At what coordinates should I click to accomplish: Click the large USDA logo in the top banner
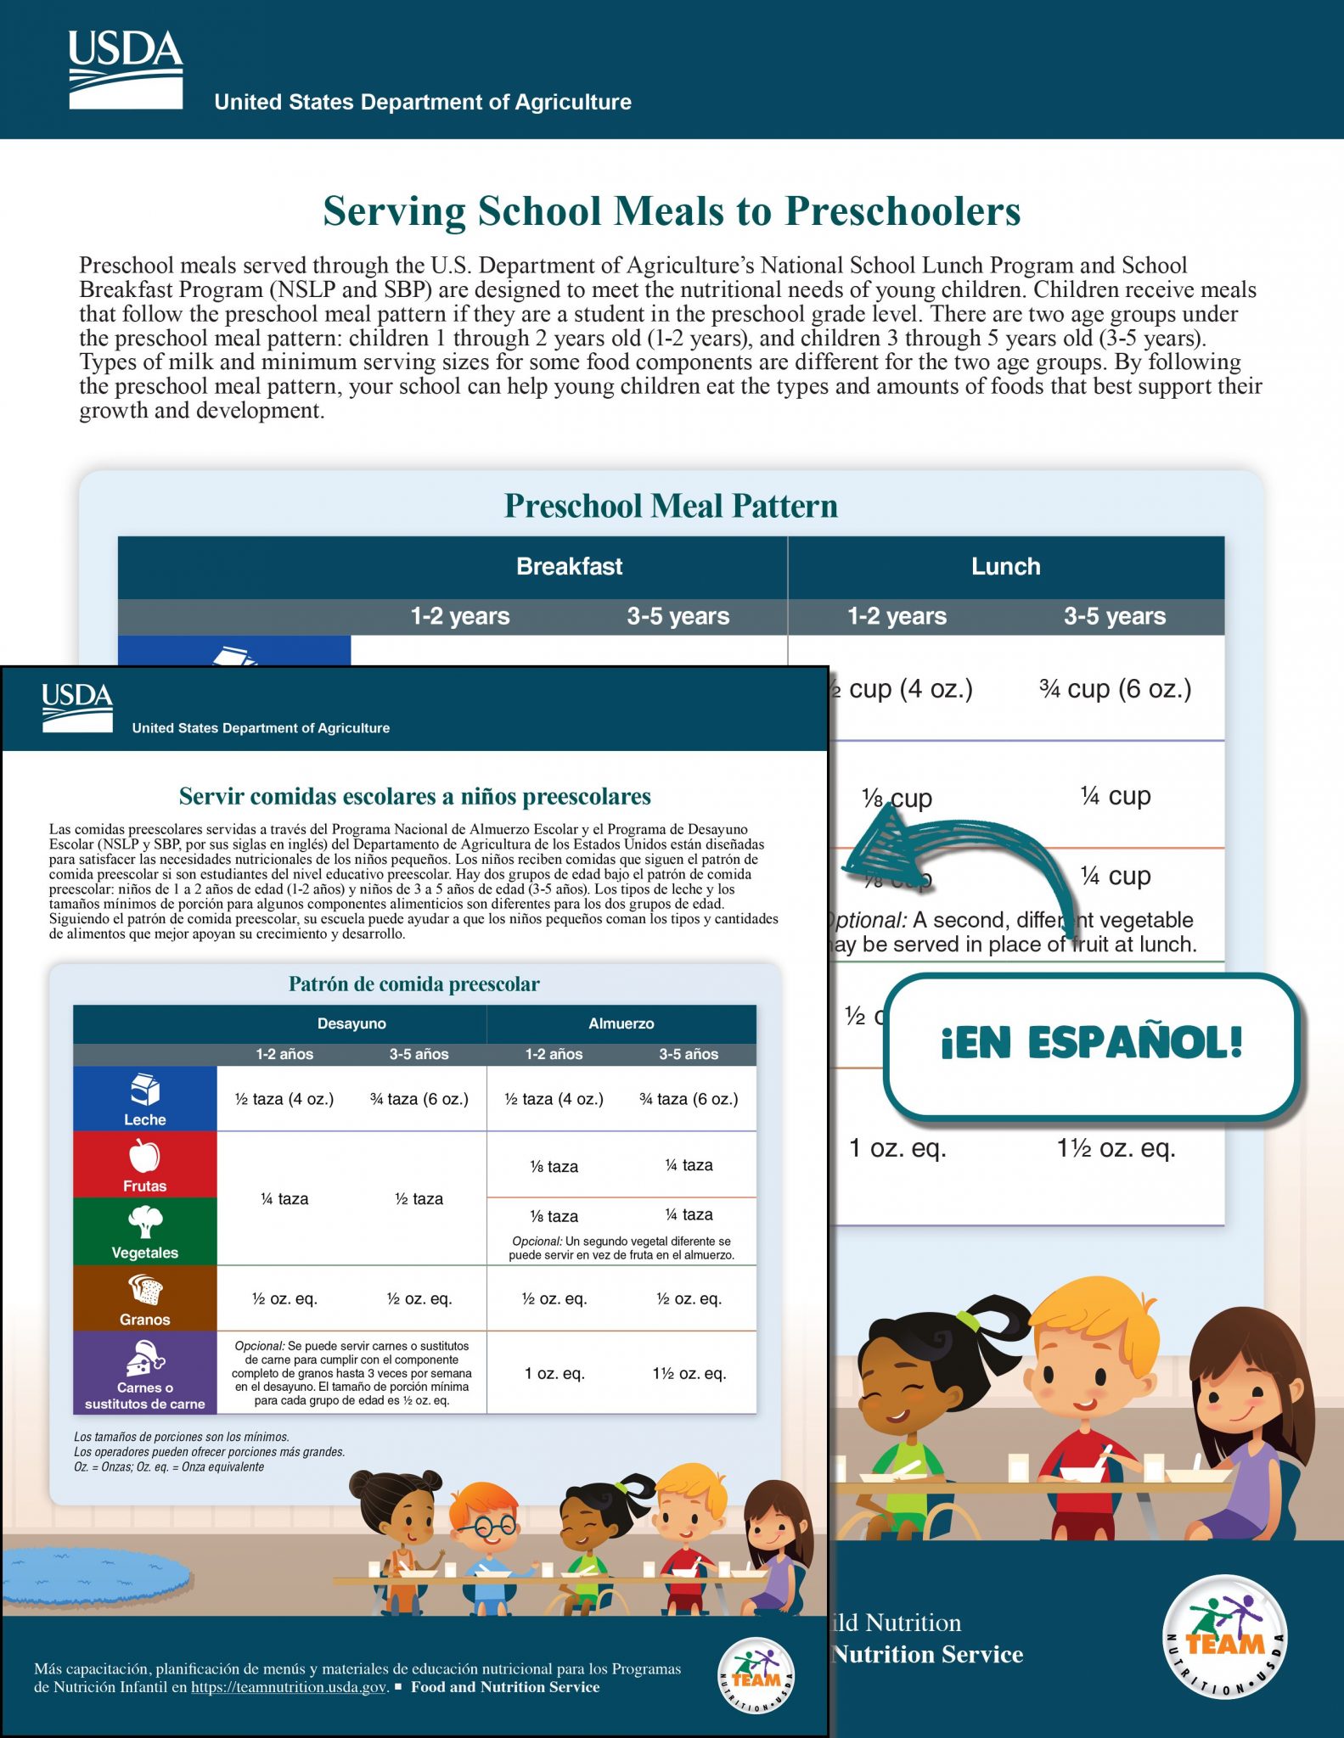(x=126, y=70)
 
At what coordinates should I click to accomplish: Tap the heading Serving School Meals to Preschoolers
(x=671, y=211)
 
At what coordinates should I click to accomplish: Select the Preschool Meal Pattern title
(x=671, y=506)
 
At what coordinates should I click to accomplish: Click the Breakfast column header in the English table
(x=569, y=566)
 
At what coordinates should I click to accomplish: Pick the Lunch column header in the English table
(x=1005, y=566)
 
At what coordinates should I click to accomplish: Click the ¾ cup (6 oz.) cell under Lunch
(x=1115, y=688)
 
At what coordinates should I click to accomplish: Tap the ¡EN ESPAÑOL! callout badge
(x=1091, y=1043)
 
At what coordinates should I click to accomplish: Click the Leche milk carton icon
(x=145, y=1090)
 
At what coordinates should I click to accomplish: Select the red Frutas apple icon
(x=144, y=1156)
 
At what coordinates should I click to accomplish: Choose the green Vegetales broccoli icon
(x=145, y=1223)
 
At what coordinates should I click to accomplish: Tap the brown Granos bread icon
(x=145, y=1290)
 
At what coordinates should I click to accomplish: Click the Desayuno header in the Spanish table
(x=351, y=1023)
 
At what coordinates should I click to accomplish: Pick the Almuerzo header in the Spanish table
(x=621, y=1023)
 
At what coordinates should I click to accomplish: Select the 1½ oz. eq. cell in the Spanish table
(x=689, y=1373)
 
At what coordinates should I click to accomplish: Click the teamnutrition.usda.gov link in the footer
(x=289, y=1687)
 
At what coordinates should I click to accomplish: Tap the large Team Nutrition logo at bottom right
(x=1224, y=1637)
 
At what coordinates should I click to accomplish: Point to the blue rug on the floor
(x=93, y=1578)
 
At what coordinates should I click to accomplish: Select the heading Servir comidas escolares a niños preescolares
(x=414, y=796)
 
